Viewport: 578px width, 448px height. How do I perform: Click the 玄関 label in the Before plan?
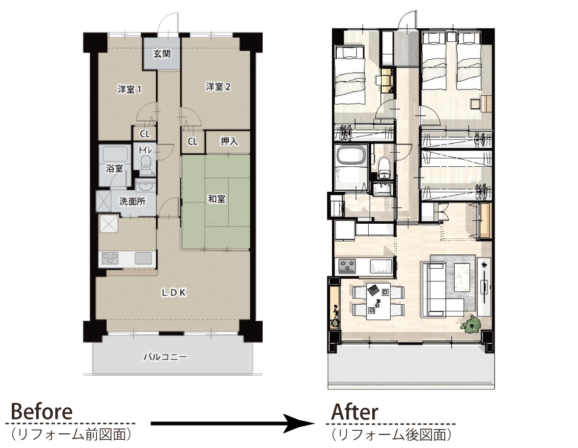[162, 54]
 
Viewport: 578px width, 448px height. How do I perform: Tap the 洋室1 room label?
[129, 89]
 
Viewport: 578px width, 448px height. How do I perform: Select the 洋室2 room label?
[218, 87]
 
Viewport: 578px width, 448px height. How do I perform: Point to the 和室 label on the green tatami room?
[217, 199]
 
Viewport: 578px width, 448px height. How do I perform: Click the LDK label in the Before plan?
[174, 293]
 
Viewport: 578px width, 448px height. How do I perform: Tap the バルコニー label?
[165, 357]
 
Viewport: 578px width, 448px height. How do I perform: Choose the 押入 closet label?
[229, 141]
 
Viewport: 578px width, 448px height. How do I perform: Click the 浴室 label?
[114, 169]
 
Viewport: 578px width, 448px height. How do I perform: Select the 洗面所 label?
[132, 201]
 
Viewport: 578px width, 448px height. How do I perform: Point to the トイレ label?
[145, 150]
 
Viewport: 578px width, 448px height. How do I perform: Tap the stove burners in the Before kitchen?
[110, 259]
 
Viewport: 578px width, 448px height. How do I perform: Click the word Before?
[41, 412]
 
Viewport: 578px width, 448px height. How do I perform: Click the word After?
[355, 412]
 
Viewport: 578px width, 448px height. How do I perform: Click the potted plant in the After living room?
[470, 324]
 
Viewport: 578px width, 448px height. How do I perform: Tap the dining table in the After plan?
[379, 301]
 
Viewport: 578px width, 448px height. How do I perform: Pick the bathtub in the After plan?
[351, 155]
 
